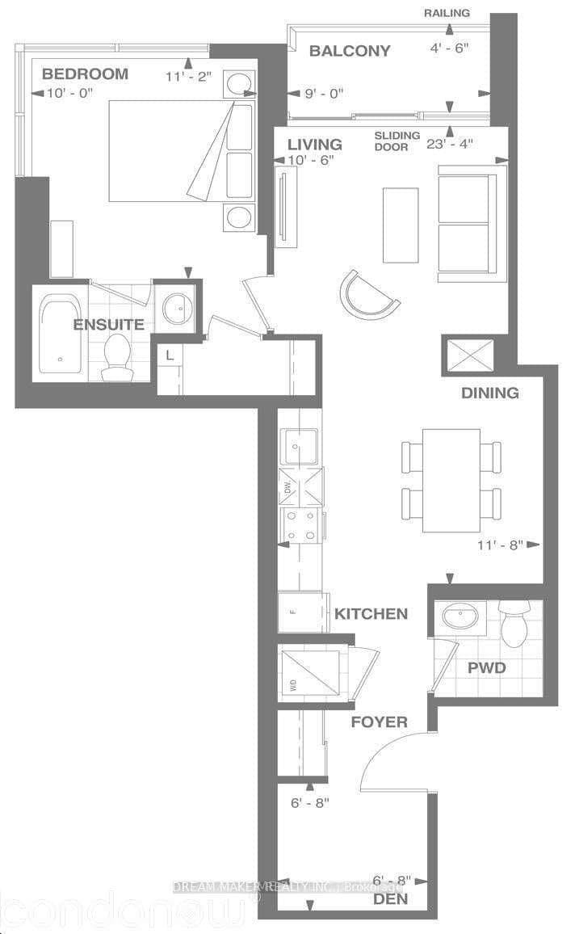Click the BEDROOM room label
pyautogui.click(x=85, y=74)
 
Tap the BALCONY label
pyautogui.click(x=350, y=51)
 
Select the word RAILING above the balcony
pyautogui.click(x=447, y=13)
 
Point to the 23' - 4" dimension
pyautogui.click(x=451, y=144)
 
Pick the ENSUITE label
pyautogui.click(x=109, y=325)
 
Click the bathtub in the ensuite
pyautogui.click(x=60, y=331)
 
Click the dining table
pyautogui.click(x=451, y=480)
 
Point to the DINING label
pyautogui.click(x=489, y=393)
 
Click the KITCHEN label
pyautogui.click(x=371, y=614)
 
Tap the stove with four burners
pyautogui.click(x=300, y=526)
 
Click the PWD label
pyautogui.click(x=488, y=668)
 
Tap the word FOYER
pyautogui.click(x=379, y=722)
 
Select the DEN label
pyautogui.click(x=390, y=899)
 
